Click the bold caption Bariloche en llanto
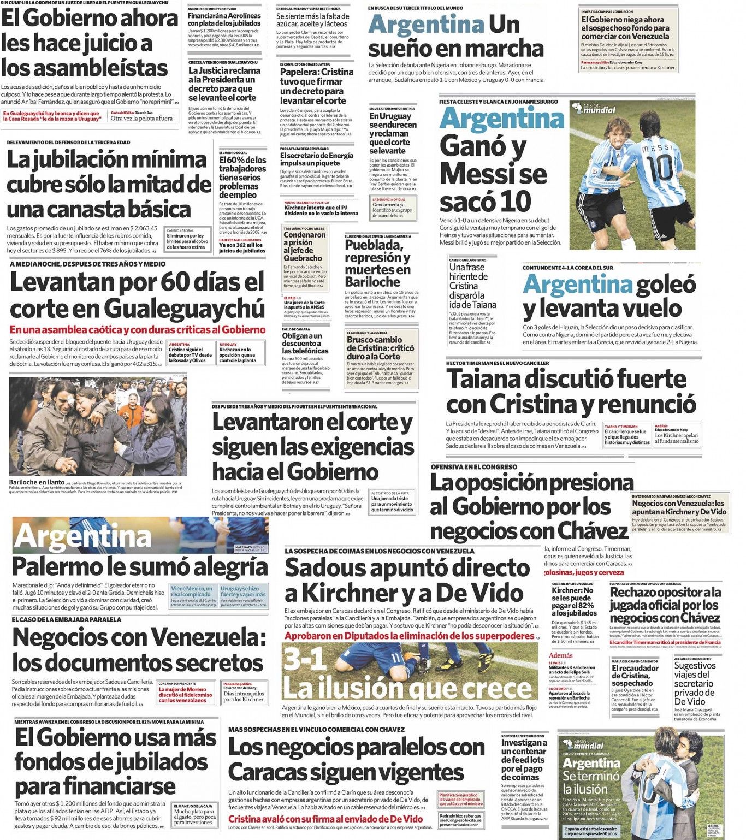pyautogui.click(x=37, y=482)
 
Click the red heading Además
pyautogui.click(x=561, y=655)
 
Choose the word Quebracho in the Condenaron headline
pyautogui.click(x=303, y=258)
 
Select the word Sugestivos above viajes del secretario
pyautogui.click(x=695, y=666)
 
